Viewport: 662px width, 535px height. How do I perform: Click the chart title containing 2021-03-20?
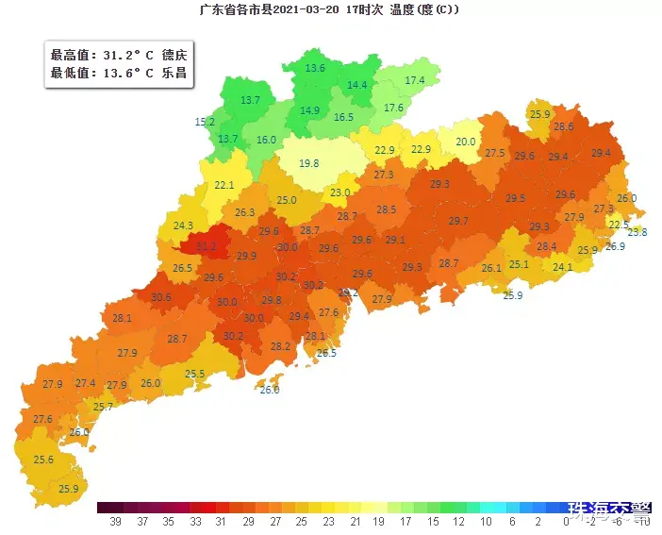(x=330, y=10)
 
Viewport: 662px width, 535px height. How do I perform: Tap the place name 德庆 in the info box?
(x=174, y=56)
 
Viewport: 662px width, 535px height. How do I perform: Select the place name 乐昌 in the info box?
(x=174, y=73)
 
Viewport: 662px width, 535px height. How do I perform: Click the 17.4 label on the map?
(x=415, y=81)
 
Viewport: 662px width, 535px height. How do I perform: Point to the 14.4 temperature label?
(x=357, y=85)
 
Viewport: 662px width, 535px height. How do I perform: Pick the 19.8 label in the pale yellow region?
(x=309, y=163)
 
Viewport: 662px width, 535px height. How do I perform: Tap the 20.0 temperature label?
(x=466, y=142)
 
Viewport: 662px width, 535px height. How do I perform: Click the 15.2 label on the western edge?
(x=205, y=123)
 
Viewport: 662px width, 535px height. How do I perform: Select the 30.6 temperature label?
(x=160, y=297)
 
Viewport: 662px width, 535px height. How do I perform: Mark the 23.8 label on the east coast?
(x=637, y=232)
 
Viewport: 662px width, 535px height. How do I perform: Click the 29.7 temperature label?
(x=458, y=221)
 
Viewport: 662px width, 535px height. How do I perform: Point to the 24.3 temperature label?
(x=183, y=226)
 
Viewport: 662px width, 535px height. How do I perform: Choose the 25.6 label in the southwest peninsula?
(x=43, y=460)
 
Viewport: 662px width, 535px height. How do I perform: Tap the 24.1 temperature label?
(x=563, y=268)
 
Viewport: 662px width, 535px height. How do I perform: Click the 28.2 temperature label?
(x=281, y=346)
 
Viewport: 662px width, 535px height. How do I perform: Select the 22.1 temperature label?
(x=224, y=186)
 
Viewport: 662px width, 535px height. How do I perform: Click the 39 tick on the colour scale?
(x=116, y=521)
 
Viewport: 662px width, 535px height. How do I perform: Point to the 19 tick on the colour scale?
(x=377, y=521)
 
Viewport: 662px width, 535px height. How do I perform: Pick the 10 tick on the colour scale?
(x=486, y=521)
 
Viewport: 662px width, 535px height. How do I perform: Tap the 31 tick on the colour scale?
(x=219, y=521)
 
